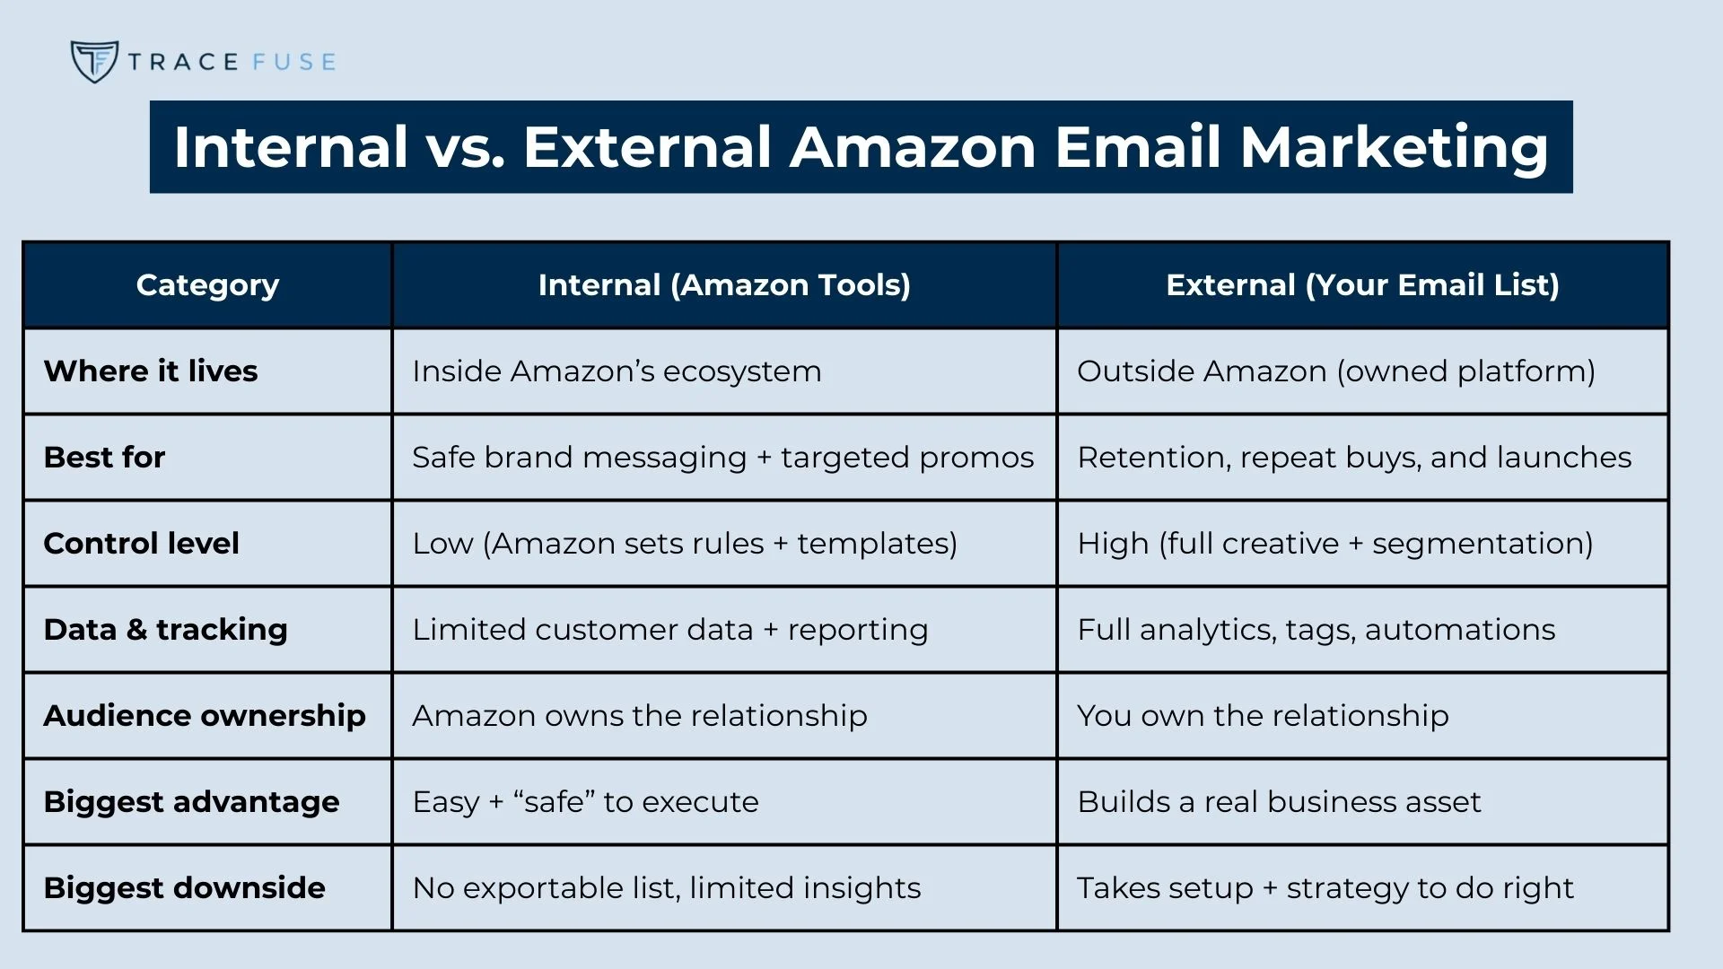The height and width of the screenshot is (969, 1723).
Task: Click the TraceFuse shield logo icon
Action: (94, 62)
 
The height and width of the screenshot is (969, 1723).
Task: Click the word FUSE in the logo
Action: (294, 62)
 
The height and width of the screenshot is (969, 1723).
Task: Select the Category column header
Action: (207, 285)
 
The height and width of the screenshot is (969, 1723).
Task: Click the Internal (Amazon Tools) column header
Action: (724, 285)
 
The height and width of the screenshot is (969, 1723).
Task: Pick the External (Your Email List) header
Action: (1362, 285)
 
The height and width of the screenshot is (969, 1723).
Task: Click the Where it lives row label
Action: (151, 371)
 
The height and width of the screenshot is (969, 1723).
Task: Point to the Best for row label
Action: (104, 458)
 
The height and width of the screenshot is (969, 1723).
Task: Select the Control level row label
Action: (141, 544)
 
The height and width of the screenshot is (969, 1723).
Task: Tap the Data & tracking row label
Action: (165, 630)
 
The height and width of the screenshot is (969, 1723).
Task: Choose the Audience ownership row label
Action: (205, 716)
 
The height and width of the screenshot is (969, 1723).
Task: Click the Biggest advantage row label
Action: (191, 802)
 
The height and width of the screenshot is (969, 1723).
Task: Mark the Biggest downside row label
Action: (184, 888)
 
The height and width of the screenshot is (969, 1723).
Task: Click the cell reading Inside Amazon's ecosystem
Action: (617, 371)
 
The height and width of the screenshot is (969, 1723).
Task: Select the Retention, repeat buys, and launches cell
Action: (1354, 458)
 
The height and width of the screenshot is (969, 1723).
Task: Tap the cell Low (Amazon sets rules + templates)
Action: (685, 544)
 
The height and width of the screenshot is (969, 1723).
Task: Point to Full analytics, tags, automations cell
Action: (1316, 630)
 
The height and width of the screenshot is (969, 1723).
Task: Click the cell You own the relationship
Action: (1263, 716)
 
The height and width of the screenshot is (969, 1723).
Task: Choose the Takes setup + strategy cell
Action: (1325, 888)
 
